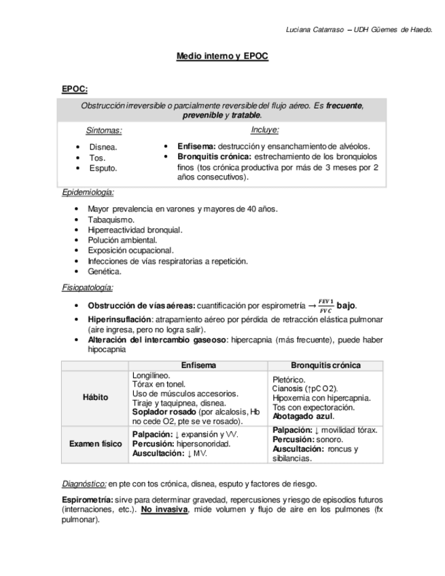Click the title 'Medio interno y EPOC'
click(x=222, y=57)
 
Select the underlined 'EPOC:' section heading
click(x=74, y=89)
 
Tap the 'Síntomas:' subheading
click(x=104, y=130)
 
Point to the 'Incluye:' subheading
click(x=265, y=130)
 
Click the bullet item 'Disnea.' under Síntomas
click(x=103, y=147)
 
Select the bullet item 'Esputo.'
click(x=103, y=168)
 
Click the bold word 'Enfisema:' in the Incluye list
click(x=196, y=146)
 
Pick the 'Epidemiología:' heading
click(x=88, y=192)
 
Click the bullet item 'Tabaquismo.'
click(x=111, y=219)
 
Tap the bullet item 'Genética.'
click(x=105, y=271)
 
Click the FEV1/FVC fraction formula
click(x=326, y=305)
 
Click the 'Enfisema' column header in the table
click(x=198, y=365)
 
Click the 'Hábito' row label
click(x=95, y=397)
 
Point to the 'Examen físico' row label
click(x=95, y=444)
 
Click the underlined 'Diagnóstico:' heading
click(x=84, y=484)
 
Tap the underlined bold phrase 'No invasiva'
click(x=164, y=509)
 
